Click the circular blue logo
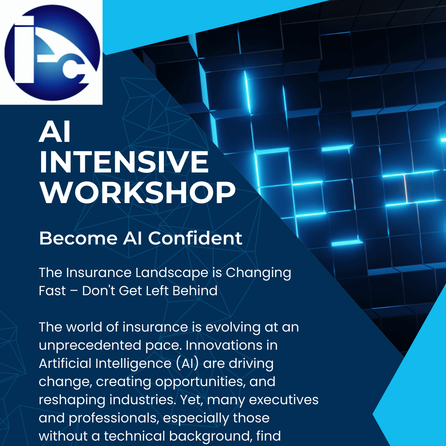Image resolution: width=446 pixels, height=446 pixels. coord(52,53)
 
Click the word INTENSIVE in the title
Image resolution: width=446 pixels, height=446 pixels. coord(124,162)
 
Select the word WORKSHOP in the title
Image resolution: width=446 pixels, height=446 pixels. coord(137,193)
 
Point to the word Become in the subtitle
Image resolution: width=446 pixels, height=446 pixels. coord(78,238)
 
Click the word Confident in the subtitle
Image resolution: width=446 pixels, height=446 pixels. coord(195,238)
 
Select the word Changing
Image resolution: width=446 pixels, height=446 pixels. coord(258,273)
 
